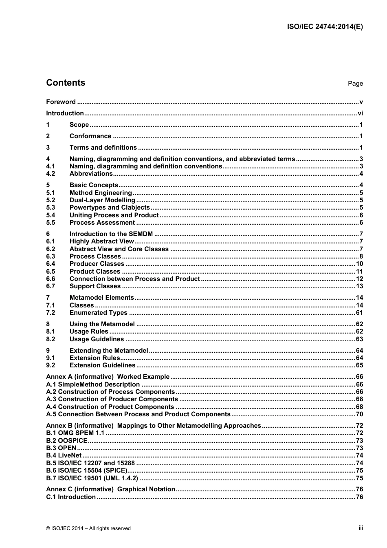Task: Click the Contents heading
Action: [66, 83]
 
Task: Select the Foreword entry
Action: [61, 102]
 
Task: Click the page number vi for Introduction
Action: [360, 113]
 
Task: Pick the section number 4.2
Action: [51, 174]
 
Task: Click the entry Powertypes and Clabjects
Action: [110, 208]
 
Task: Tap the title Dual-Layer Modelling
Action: [102, 200]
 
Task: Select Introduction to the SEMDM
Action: [111, 234]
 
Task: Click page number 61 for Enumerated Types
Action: [359, 313]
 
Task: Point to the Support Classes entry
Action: [95, 286]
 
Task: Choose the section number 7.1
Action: [51, 305]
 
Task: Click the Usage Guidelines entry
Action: [97, 339]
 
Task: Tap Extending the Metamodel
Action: [109, 351]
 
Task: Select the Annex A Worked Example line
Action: [108, 377]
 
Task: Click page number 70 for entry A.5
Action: [359, 414]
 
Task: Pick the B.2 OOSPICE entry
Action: [67, 441]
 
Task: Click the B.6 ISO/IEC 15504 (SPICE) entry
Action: [87, 471]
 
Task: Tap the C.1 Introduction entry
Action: [71, 497]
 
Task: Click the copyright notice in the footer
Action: [88, 528]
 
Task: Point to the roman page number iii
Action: [361, 528]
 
